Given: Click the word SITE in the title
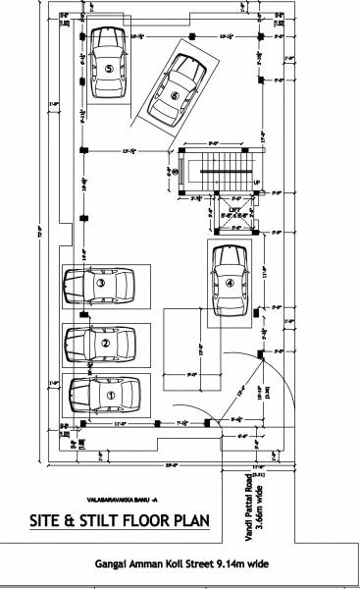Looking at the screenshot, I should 47,520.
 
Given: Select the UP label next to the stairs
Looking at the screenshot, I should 257,183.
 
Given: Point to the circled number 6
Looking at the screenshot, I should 174,95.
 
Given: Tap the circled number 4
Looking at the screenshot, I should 230,283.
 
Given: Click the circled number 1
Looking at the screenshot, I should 110,396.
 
